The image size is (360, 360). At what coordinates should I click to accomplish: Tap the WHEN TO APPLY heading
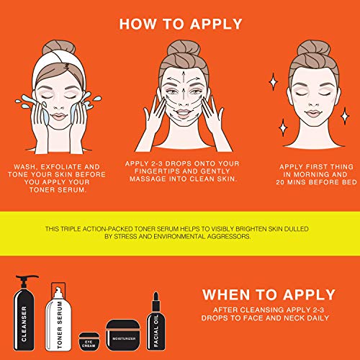[x=269, y=294]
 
